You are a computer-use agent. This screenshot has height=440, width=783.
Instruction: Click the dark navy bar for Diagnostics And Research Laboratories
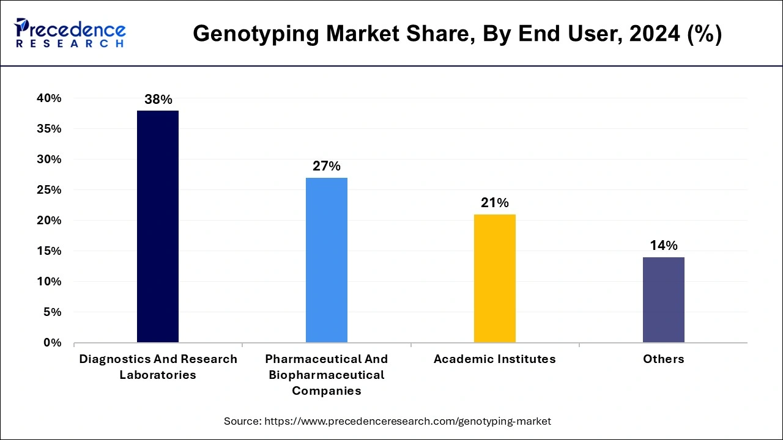[x=158, y=226]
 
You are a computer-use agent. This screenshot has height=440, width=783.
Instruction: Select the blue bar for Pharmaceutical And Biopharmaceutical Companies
[x=327, y=260]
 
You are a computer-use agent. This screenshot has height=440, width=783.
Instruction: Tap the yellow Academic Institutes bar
[x=495, y=278]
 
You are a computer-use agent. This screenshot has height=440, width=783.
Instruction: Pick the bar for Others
[x=664, y=299]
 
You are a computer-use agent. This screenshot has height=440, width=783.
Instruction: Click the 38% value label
[x=158, y=100]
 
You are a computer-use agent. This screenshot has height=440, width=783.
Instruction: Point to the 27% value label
[x=327, y=166]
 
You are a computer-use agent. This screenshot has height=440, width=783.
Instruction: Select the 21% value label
[x=495, y=203]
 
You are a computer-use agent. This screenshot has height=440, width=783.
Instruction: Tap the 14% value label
[x=664, y=246]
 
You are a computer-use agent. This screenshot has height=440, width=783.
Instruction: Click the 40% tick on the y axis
[x=49, y=98]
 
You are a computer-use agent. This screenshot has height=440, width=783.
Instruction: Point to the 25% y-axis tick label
[x=49, y=190]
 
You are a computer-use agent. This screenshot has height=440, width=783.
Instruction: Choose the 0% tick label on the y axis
[x=53, y=343]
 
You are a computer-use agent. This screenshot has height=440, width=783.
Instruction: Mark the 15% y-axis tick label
[x=49, y=251]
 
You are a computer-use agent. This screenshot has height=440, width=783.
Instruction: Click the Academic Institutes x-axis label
[x=495, y=359]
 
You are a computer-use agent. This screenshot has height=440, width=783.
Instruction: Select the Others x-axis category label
[x=664, y=359]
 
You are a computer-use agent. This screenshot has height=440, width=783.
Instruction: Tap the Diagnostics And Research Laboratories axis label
[x=158, y=367]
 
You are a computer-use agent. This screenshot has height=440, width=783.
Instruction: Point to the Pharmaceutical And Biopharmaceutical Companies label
[x=327, y=375]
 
